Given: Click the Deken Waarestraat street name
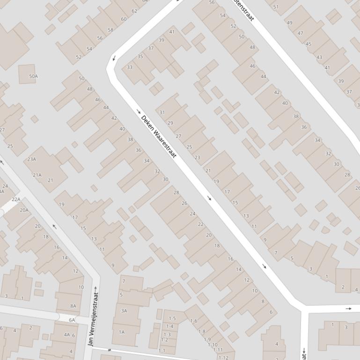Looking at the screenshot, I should point(159,137).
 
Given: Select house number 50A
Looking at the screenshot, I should point(33,76).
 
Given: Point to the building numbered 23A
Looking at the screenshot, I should point(31,159).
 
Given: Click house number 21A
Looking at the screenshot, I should point(37,175).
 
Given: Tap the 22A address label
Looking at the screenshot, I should point(16,199).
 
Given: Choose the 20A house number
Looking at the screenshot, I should point(24,210).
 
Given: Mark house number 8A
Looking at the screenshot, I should point(73,306).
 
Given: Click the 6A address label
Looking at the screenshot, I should point(72,320).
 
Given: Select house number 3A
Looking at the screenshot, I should point(124,310).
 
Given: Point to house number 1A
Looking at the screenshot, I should point(122,332).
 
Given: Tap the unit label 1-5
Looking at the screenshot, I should point(172,318).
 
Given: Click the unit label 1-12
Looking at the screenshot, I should point(223,358).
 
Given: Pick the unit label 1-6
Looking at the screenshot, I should point(194,321).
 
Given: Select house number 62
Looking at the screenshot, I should point(134,11).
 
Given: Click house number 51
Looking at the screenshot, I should point(276,7).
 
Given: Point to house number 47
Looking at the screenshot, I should point(300,33).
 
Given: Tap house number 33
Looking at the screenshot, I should point(130,67).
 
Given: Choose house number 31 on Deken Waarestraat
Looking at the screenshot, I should point(162,112).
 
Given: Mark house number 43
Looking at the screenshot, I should point(319,58).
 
